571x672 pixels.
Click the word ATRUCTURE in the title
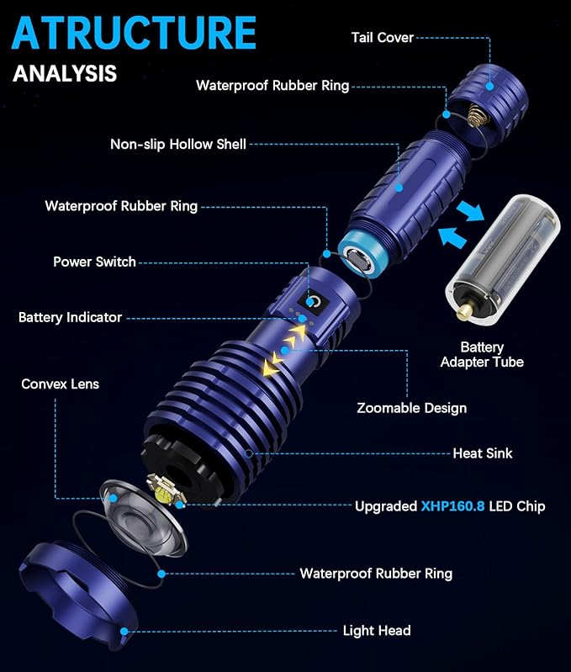pos(135,34)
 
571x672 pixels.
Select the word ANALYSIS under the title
pos(65,73)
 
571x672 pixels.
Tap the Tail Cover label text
pos(382,37)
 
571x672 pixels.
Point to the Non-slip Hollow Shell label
pos(178,144)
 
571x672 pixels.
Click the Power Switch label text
pos(94,262)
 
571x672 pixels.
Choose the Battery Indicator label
pos(70,317)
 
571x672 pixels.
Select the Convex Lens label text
pos(60,384)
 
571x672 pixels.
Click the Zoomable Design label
pos(411,408)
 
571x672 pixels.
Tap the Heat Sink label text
pos(482,453)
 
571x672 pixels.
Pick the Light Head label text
pos(377,630)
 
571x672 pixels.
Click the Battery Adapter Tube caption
pos(482,354)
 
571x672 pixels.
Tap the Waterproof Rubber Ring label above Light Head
pos(376,574)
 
